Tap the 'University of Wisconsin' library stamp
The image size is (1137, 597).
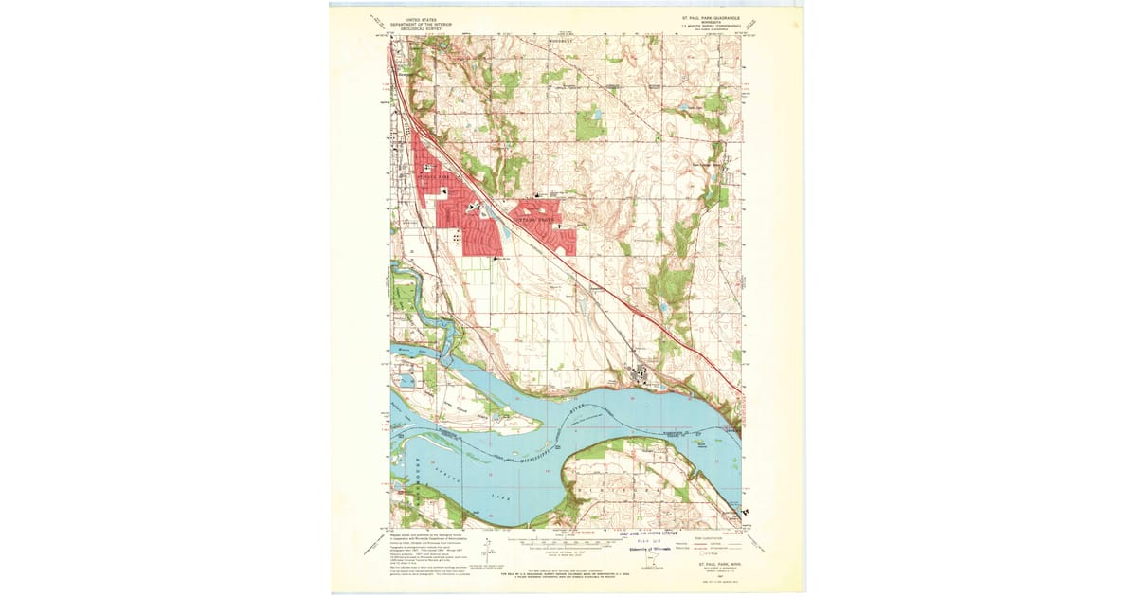coord(647,548)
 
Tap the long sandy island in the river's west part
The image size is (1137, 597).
coord(474,412)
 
